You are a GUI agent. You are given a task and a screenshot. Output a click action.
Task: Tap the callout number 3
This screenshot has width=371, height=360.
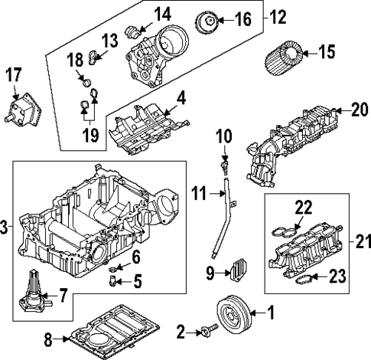(x=5, y=227)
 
